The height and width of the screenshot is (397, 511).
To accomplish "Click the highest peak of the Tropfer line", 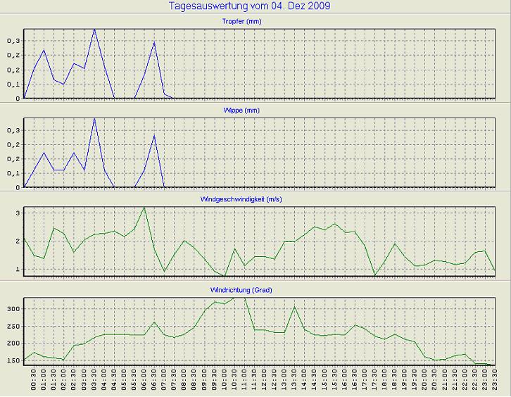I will (x=94, y=30).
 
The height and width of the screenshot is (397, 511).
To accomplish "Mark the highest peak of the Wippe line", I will (x=94, y=118).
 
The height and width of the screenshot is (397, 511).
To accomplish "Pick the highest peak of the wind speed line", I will (x=144, y=208).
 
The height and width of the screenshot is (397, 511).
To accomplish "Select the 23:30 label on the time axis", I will (x=495, y=381).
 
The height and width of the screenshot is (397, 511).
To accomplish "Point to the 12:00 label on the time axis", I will (x=265, y=381).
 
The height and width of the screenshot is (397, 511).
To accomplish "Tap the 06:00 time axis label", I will (x=144, y=381).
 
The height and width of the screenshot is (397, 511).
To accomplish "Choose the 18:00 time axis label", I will (x=384, y=381).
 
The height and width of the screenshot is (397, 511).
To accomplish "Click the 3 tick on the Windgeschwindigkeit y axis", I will (x=18, y=213).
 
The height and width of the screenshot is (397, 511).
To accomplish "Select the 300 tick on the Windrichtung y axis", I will (x=13, y=308).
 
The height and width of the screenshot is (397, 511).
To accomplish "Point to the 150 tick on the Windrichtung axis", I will (x=13, y=360).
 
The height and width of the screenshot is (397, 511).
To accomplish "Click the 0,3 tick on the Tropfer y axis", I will (x=13, y=41).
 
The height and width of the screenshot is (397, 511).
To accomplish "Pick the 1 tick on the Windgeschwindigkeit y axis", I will (x=18, y=269).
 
